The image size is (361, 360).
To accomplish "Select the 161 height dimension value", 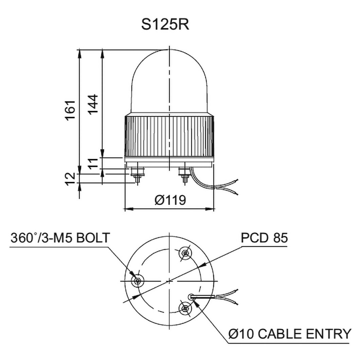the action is (x=70, y=110).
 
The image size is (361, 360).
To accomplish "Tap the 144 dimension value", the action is (x=93, y=104).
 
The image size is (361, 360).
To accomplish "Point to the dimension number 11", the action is (x=93, y=164).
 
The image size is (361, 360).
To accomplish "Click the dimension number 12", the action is (x=70, y=179).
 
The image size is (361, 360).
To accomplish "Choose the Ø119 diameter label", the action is (x=170, y=200).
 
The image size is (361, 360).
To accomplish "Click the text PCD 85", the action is (x=264, y=238).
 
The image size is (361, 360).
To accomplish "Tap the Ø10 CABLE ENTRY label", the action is (x=290, y=334).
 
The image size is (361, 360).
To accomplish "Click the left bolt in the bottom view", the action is (x=138, y=281).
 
